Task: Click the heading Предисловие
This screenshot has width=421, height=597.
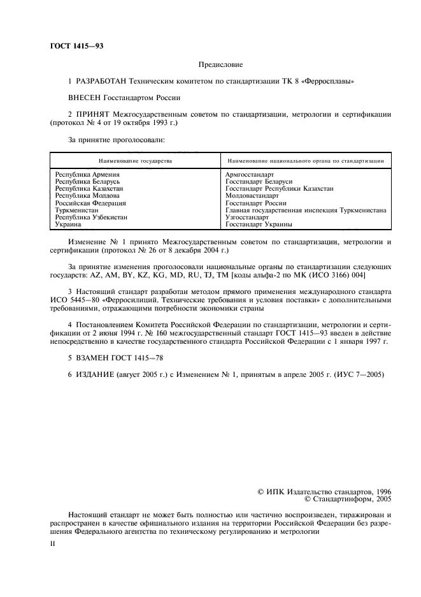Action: (220, 64)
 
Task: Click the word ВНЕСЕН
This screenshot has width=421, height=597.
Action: (85, 98)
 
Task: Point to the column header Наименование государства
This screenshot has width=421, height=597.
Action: (135, 161)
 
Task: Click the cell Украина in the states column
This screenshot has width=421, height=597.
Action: (68, 224)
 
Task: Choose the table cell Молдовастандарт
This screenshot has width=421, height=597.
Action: (252, 196)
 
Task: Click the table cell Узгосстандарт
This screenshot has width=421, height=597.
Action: (247, 217)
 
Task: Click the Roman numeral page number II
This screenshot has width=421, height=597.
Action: (54, 544)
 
